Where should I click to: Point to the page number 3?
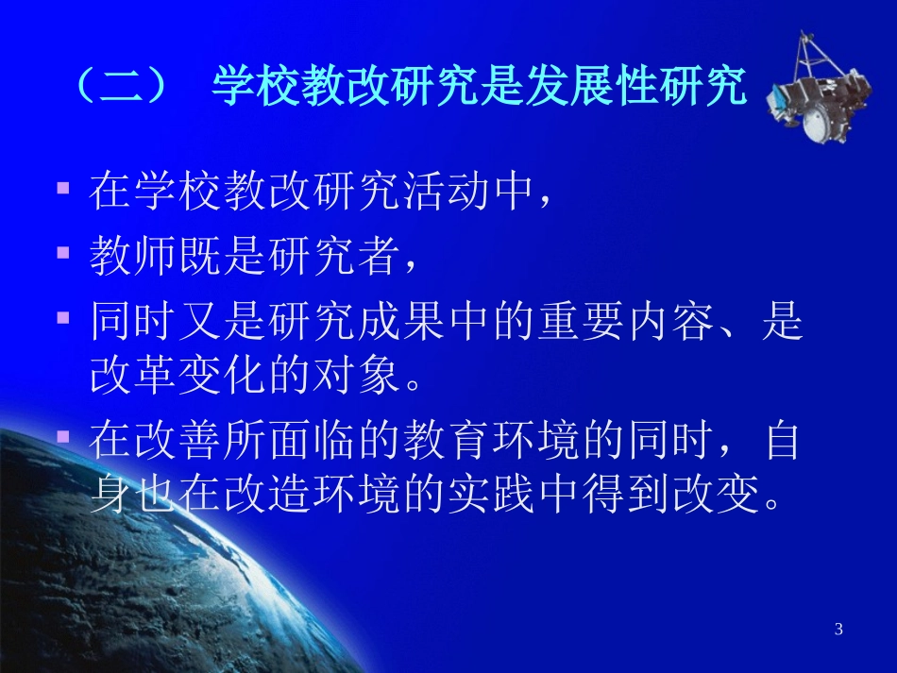click(x=838, y=630)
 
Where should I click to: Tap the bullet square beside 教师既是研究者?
click(x=64, y=253)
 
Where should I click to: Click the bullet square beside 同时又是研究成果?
click(x=64, y=318)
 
